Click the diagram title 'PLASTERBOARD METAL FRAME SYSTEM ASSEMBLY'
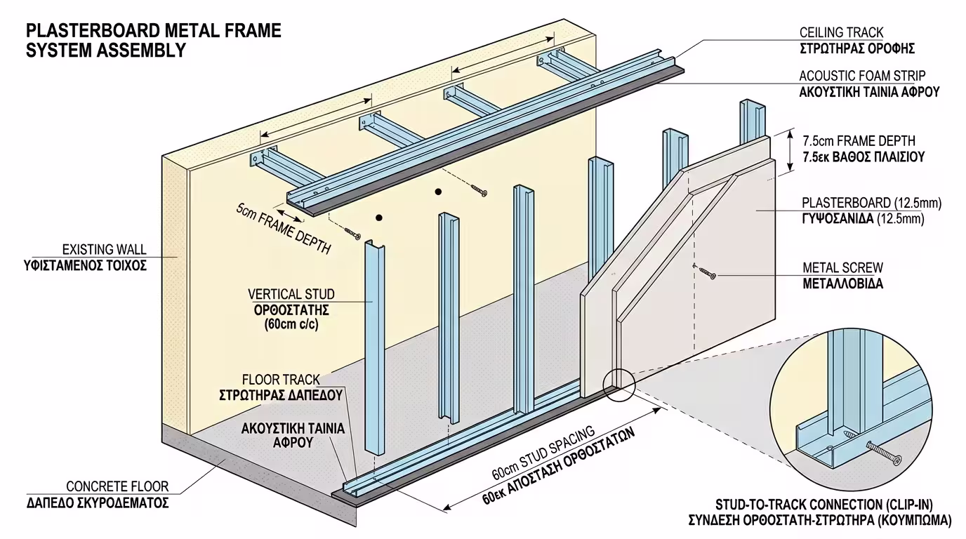pyautogui.click(x=153, y=40)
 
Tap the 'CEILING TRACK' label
pyautogui.click(x=841, y=33)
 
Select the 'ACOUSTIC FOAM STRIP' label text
pyautogui.click(x=862, y=76)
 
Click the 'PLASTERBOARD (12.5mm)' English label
pyautogui.click(x=871, y=204)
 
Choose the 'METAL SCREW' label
pyautogui.click(x=842, y=267)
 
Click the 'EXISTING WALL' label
pyautogui.click(x=104, y=249)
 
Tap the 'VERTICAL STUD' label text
pyautogui.click(x=291, y=294)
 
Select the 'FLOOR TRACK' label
pyautogui.click(x=291, y=379)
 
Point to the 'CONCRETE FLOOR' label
pyautogui.click(x=117, y=486)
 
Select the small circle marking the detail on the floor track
pyautogui.click(x=618, y=385)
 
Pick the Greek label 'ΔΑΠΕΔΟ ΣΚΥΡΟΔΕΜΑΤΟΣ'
pyautogui.click(x=98, y=503)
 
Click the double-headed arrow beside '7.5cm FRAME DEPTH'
pyautogui.click(x=790, y=149)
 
